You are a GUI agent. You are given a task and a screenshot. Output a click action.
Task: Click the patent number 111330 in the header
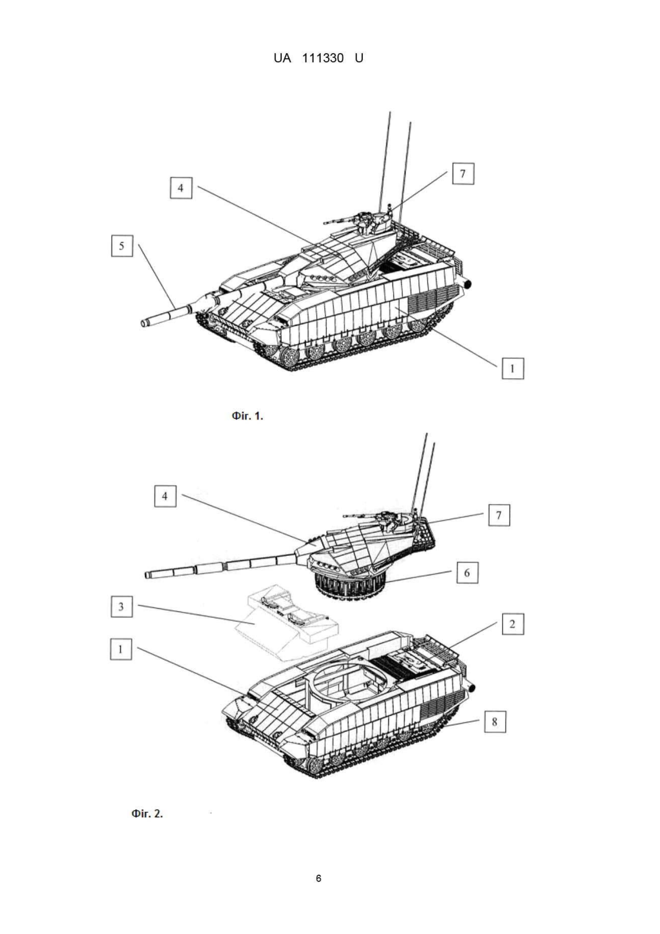[x=323, y=59]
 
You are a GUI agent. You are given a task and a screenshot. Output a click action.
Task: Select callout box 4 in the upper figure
[x=181, y=188]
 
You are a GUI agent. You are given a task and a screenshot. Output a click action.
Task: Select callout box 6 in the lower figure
[x=467, y=573]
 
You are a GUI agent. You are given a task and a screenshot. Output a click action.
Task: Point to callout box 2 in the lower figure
[x=513, y=624]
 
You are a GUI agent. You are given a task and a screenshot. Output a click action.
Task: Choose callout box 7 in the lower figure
[x=499, y=515]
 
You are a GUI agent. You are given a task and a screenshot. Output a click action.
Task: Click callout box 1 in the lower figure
[x=121, y=649]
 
